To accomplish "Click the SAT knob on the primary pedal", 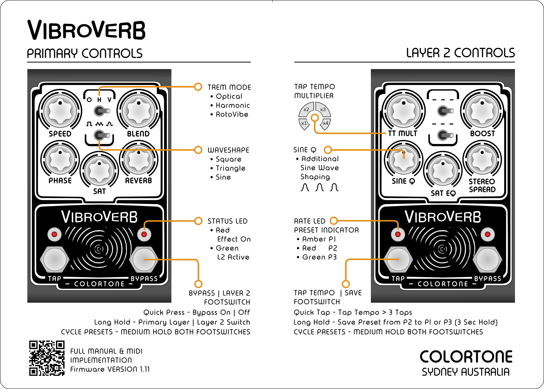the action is (x=99, y=171).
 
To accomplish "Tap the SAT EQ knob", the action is (x=443, y=171).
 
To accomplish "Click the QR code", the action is (x=47, y=358).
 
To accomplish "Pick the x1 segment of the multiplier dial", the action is (x=304, y=124).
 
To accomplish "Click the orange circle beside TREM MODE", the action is (x=198, y=87).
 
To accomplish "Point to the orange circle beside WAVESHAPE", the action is (x=198, y=150).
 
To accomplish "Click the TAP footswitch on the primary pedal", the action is (x=54, y=259).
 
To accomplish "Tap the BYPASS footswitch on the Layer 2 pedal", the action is (x=488, y=259).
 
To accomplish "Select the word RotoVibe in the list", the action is (x=232, y=114).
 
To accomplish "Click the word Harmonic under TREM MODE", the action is (x=233, y=105).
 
